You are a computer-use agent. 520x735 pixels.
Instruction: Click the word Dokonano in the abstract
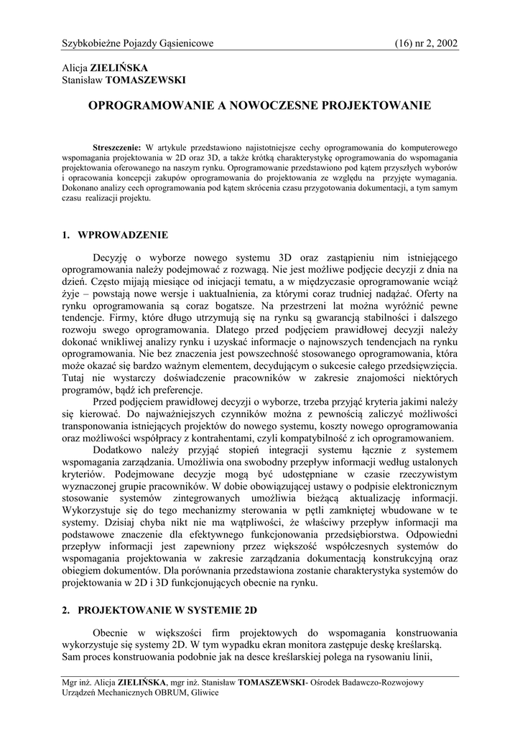pyautogui.click(x=80, y=188)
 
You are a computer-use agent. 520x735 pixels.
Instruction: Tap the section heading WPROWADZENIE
pyautogui.click(x=122, y=235)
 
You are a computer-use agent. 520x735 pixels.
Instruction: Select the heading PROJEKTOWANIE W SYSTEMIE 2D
pyautogui.click(x=167, y=610)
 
